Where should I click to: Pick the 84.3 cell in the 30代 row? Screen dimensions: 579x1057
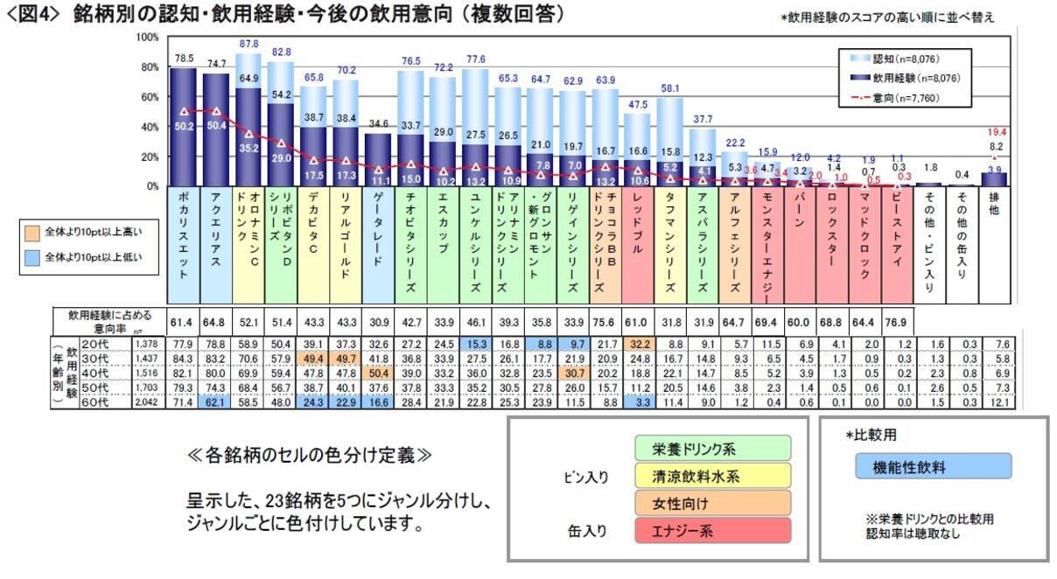click(182, 359)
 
